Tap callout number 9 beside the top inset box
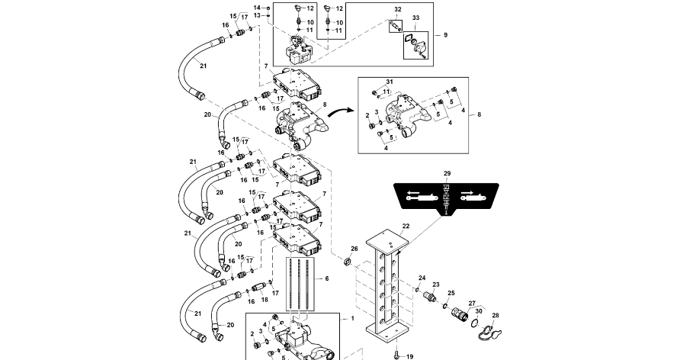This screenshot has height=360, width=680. [444, 35]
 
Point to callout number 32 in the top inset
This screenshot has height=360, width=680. [397, 9]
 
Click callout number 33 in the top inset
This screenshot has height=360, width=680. [415, 18]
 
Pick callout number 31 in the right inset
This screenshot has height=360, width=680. [389, 82]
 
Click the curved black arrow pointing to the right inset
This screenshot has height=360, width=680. [340, 112]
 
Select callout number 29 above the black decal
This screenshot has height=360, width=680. [447, 175]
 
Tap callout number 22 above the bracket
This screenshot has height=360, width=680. [406, 227]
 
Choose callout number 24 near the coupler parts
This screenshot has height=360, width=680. [421, 278]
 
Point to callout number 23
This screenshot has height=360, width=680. [436, 284]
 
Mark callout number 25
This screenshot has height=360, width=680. [451, 293]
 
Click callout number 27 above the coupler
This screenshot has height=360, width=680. [471, 303]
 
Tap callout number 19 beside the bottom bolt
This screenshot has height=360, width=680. [409, 356]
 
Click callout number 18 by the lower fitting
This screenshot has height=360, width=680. [265, 301]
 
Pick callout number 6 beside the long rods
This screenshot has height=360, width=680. [326, 279]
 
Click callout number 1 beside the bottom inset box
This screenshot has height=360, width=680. [351, 317]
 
